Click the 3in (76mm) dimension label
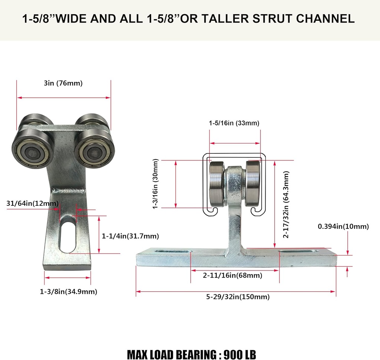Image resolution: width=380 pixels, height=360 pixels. (63, 83)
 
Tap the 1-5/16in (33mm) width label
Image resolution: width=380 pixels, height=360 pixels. (234, 123)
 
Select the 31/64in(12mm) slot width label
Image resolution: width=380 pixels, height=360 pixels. (33, 203)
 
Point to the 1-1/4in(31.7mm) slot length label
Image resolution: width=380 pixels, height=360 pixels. (130, 236)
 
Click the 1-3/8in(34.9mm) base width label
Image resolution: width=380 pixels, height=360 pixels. (68, 292)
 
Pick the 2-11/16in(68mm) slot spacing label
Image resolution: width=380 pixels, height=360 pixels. (232, 275)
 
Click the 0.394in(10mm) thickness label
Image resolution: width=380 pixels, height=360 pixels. (343, 226)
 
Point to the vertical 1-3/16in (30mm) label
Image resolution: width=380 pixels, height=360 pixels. (155, 184)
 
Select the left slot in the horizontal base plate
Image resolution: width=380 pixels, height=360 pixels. (173, 252)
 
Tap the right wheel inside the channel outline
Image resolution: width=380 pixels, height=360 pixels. (253, 184)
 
